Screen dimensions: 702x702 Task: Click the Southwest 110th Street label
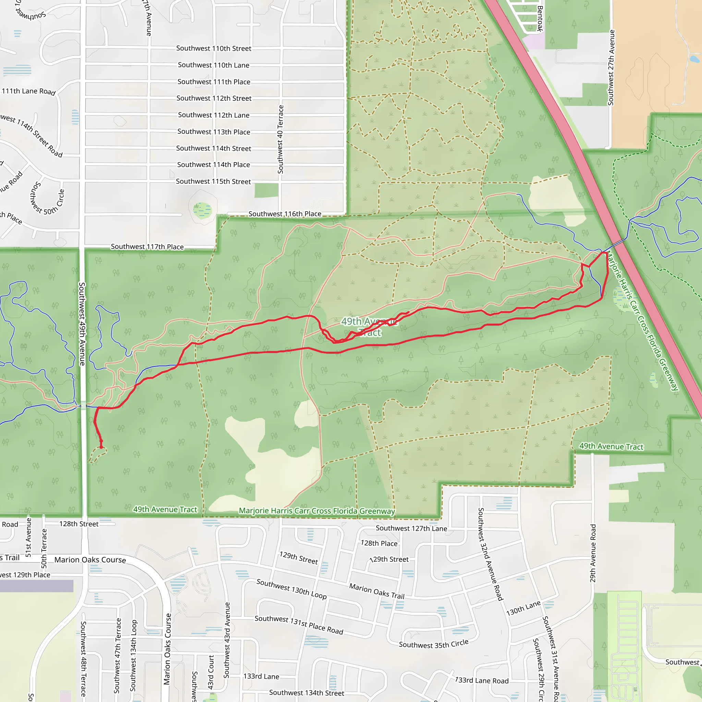tap(214, 48)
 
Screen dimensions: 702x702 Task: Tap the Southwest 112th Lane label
tap(214, 115)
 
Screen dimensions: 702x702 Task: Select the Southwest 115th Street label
tap(213, 181)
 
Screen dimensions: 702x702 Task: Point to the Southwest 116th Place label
tap(285, 214)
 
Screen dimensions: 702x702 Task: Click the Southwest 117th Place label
tap(147, 247)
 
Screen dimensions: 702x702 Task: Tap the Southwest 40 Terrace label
tap(280, 140)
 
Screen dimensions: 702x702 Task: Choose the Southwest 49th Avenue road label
tap(82, 324)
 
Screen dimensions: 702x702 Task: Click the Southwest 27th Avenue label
tap(611, 68)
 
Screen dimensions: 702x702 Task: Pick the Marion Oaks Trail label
tap(377, 591)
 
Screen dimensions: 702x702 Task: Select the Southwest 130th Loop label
tap(291, 589)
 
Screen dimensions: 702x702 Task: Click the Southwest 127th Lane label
tap(411, 528)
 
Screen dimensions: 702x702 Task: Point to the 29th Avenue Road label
tap(593, 553)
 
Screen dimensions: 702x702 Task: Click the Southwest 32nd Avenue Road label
tap(490, 555)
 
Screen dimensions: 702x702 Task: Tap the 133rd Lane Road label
tap(482, 680)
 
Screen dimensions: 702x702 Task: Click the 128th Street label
tap(79, 524)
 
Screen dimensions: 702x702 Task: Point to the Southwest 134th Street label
tap(306, 693)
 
